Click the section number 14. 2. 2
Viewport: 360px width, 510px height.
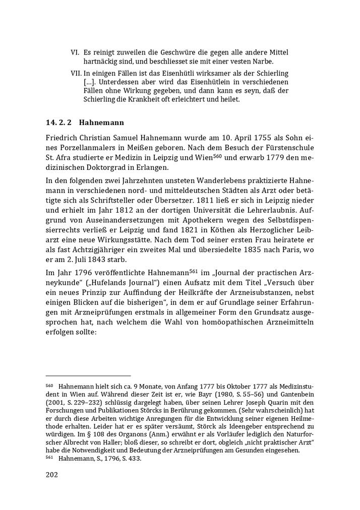[x=59, y=122]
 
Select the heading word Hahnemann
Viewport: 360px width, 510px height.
[x=101, y=122]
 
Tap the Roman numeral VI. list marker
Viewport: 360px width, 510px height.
[x=75, y=52]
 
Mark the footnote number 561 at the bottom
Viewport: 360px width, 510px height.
[x=49, y=459]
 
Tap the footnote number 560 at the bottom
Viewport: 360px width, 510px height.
[x=49, y=386]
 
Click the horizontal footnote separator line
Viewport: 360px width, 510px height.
[x=88, y=375]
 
